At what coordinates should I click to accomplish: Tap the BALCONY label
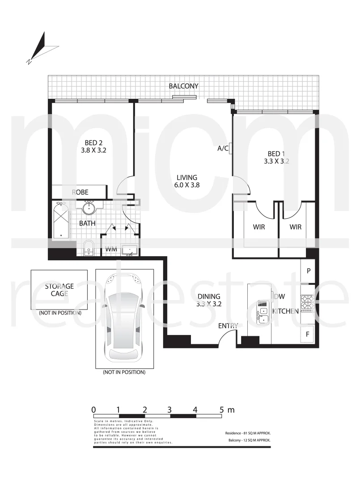[x=183, y=86]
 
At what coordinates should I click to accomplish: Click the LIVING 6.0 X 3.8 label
[x=186, y=181]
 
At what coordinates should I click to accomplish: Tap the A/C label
[x=223, y=148]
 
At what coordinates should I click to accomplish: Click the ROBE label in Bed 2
[x=80, y=192]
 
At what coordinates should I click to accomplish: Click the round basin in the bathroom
[x=89, y=208]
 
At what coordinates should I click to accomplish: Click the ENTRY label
[x=228, y=326]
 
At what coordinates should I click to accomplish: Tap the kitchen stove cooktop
[x=307, y=303]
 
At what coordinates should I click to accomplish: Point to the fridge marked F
[x=308, y=334]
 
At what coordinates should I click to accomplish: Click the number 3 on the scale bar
[x=170, y=409]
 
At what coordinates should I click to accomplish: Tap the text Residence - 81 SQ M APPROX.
[x=248, y=433]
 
